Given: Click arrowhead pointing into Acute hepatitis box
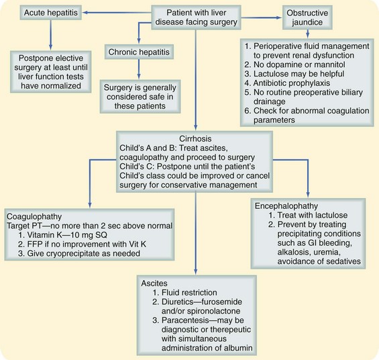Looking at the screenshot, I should click(x=90, y=13).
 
